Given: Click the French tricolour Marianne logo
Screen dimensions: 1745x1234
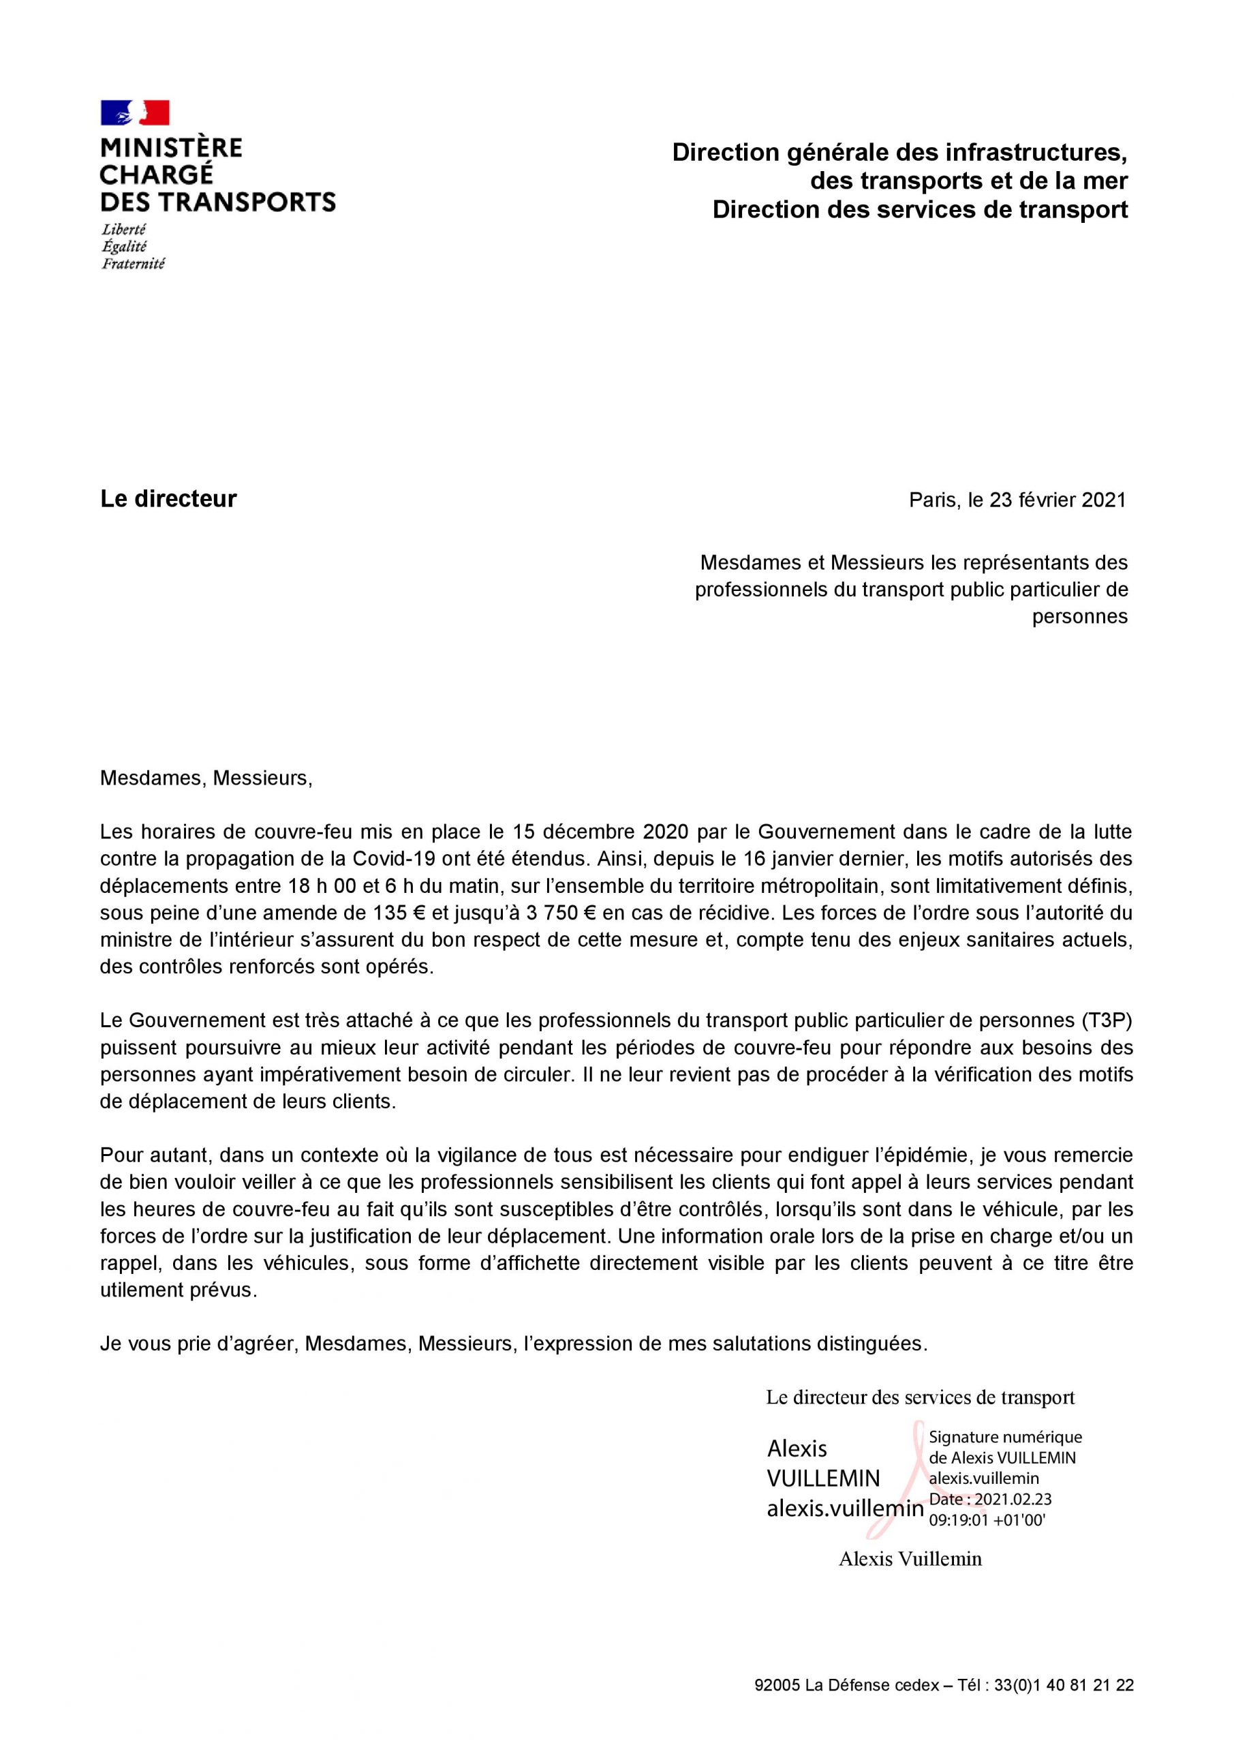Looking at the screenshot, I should [134, 112].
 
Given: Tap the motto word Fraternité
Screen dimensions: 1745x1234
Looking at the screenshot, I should [133, 264].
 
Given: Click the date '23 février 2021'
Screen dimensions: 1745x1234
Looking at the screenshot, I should [1057, 500].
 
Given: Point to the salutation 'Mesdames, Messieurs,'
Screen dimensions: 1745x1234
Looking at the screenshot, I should [206, 778].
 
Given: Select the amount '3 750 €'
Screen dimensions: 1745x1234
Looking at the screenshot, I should [556, 913].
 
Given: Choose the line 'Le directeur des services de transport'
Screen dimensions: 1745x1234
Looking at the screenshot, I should [920, 1397].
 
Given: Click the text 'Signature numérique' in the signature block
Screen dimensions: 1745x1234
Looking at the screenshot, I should [1005, 1437].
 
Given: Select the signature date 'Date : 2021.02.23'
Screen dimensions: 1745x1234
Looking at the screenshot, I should [990, 1500].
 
